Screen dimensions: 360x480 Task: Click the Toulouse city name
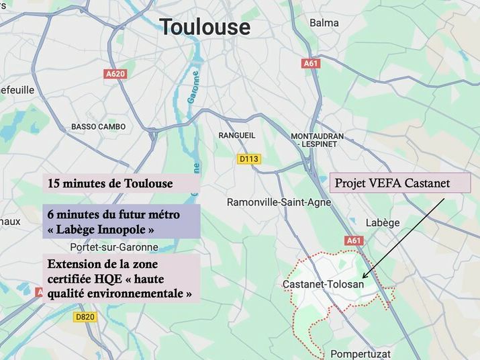click(x=205, y=27)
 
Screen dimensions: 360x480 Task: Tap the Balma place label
click(x=324, y=23)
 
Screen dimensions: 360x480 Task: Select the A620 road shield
click(x=115, y=74)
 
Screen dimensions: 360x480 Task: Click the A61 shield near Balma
click(x=311, y=63)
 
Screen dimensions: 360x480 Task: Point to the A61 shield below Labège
click(x=353, y=240)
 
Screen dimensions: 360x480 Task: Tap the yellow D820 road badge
click(x=85, y=316)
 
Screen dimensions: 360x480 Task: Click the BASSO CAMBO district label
click(x=98, y=126)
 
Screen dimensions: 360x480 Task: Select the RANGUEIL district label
click(x=237, y=135)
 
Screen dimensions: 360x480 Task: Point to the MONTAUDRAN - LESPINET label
click(x=318, y=140)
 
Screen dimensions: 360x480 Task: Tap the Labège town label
click(x=383, y=222)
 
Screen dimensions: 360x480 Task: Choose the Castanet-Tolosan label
click(x=323, y=284)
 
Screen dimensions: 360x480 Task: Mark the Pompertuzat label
click(x=360, y=353)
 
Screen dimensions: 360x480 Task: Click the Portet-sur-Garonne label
click(x=118, y=246)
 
